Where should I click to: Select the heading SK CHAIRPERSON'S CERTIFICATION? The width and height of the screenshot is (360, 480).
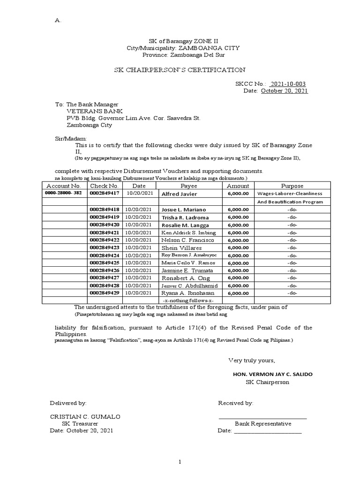180,70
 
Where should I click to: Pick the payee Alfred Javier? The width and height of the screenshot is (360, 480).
179,194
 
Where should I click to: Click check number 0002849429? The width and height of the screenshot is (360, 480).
105,293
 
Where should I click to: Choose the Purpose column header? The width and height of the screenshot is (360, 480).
292,186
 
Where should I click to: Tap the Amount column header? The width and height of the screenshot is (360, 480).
238,186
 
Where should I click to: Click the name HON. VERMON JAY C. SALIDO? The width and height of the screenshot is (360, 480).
273,374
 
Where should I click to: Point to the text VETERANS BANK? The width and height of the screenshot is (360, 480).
95,112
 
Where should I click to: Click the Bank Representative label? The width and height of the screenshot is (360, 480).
262,424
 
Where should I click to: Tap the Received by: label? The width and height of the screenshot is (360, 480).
236,403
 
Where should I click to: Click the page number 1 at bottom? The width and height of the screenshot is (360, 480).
180,462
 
